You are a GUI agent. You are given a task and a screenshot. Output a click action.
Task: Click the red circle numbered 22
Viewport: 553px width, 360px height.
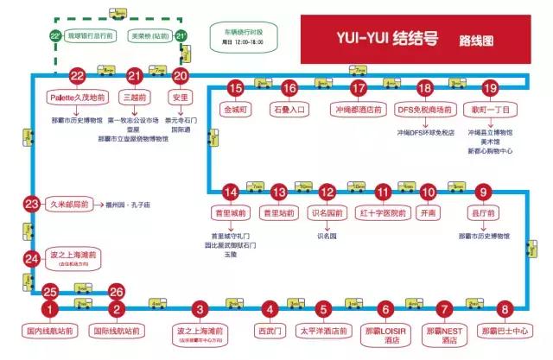(78, 76)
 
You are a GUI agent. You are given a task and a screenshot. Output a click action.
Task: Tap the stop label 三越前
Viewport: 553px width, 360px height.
(134, 98)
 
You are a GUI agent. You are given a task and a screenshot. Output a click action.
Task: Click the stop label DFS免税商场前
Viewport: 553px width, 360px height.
(424, 111)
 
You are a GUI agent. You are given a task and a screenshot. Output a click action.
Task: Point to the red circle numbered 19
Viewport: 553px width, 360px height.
(490, 87)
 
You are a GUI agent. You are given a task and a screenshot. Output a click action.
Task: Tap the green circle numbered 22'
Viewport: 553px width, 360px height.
(54, 36)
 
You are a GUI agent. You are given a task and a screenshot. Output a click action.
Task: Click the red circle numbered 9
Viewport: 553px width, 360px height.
(483, 192)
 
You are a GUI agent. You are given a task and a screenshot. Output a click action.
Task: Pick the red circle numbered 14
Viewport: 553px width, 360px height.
(229, 192)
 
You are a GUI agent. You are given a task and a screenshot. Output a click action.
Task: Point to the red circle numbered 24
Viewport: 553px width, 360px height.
(32, 257)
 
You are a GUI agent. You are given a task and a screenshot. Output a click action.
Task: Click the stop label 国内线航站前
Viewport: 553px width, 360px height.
(51, 330)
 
